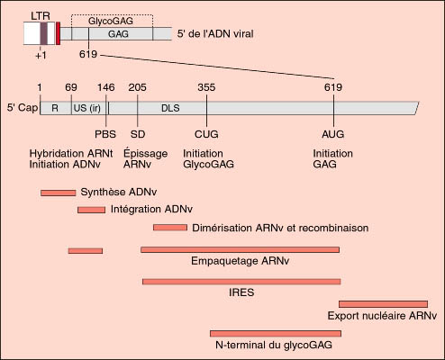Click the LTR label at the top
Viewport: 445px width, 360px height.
(41, 16)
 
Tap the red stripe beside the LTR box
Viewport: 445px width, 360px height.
(58, 33)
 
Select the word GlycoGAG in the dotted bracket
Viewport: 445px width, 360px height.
(111, 22)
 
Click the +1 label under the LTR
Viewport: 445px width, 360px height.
(41, 56)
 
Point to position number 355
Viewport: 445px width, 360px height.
(206, 87)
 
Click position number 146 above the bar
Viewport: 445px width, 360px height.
(105, 87)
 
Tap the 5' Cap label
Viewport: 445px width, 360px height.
(23, 107)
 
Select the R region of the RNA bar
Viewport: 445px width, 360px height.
(56, 108)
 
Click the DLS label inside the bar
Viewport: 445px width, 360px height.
(170, 108)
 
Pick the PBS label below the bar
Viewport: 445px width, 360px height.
(105, 134)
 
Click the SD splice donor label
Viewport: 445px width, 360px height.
(138, 134)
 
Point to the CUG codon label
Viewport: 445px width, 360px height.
(206, 134)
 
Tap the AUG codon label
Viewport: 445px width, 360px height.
(333, 134)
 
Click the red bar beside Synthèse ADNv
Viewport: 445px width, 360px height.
(59, 193)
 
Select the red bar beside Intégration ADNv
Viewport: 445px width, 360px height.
(91, 210)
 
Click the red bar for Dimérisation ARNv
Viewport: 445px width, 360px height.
(170, 228)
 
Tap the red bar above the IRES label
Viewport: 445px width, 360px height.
(241, 282)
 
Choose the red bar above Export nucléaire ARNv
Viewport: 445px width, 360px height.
(383, 304)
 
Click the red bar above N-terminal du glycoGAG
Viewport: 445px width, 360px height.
(276, 333)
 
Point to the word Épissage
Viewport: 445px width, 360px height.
(145, 154)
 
